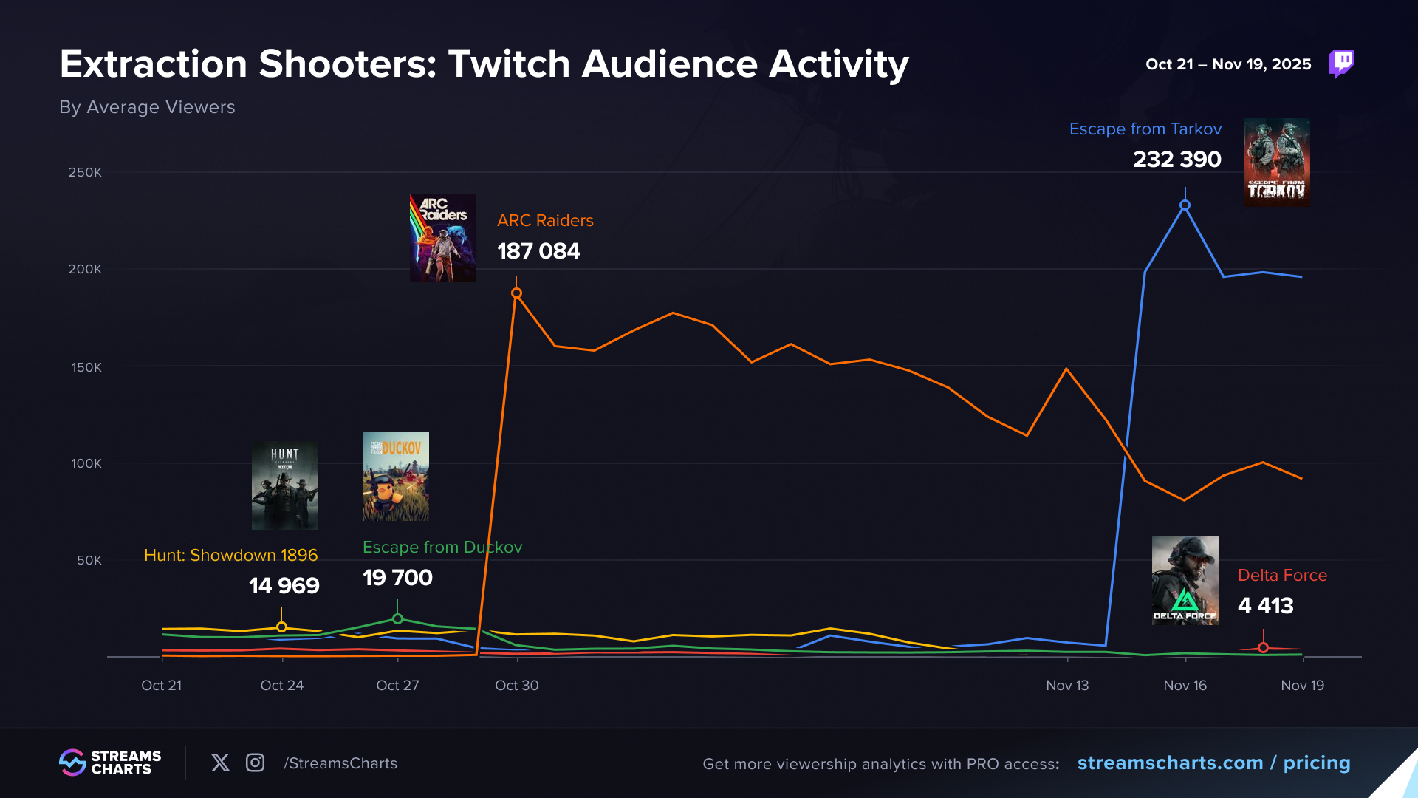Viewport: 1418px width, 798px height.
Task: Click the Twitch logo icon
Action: pyautogui.click(x=1341, y=64)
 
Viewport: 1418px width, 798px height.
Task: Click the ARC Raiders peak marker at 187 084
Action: pyautogui.click(x=516, y=293)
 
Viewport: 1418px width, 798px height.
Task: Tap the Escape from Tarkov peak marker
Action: pyautogui.click(x=1185, y=205)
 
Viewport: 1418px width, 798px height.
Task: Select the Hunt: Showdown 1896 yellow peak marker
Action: pyautogui.click(x=281, y=627)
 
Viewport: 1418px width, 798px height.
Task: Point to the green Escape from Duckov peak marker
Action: pyautogui.click(x=397, y=619)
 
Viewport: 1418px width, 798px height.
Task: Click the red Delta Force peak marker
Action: pyautogui.click(x=1263, y=648)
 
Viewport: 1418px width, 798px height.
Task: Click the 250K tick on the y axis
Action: pyautogui.click(x=85, y=172)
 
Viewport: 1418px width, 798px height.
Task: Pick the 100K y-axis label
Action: pyautogui.click(x=86, y=463)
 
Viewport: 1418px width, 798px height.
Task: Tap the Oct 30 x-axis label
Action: pyautogui.click(x=516, y=685)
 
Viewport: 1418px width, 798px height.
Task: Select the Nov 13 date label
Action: pyautogui.click(x=1067, y=685)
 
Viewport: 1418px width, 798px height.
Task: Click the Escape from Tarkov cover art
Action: pyautogui.click(x=1276, y=163)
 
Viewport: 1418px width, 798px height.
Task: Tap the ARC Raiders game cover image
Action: pyautogui.click(x=442, y=238)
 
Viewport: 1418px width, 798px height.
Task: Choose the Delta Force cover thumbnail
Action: pyautogui.click(x=1185, y=581)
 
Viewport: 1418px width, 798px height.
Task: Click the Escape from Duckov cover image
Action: pyautogui.click(x=395, y=477)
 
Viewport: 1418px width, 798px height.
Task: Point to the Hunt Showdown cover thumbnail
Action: pyautogui.click(x=284, y=485)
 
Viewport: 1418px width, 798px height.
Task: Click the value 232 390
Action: pyautogui.click(x=1176, y=160)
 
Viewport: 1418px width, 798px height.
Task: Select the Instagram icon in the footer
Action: pyautogui.click(x=255, y=763)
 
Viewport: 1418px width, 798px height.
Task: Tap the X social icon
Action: pyautogui.click(x=220, y=763)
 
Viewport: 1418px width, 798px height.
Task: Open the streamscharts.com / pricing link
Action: pyautogui.click(x=1213, y=763)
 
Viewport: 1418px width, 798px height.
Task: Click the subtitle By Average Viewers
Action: pyautogui.click(x=147, y=107)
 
